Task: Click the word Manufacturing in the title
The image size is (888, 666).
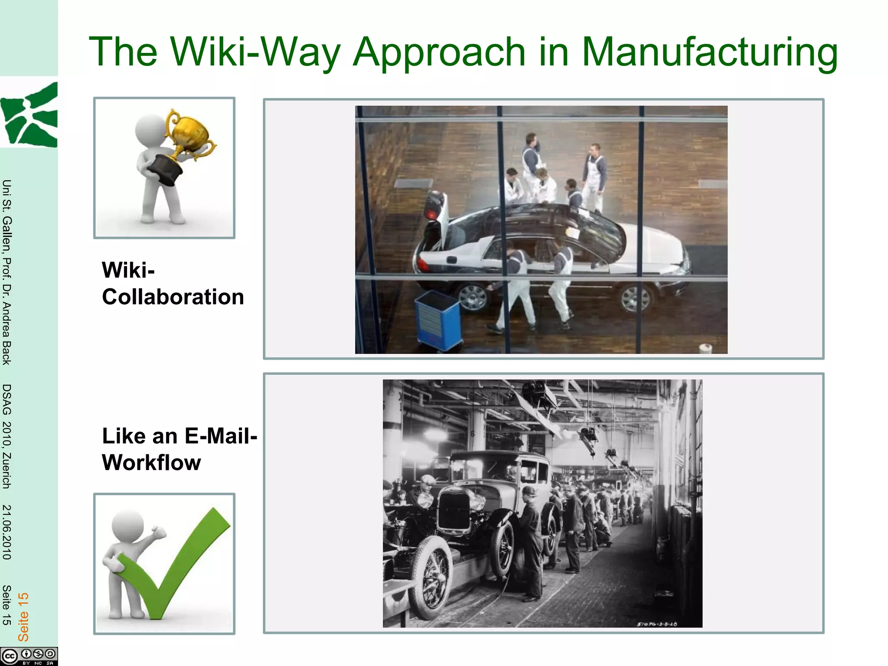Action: pos(709,52)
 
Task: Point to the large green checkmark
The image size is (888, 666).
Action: pos(182,564)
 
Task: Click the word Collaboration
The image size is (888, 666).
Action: pos(173,297)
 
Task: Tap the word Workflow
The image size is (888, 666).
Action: pos(151,463)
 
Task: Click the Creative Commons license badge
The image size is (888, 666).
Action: pos(29,656)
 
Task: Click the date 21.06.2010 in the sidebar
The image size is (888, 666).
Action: pos(7,532)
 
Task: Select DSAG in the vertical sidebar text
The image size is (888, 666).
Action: pos(7,399)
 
